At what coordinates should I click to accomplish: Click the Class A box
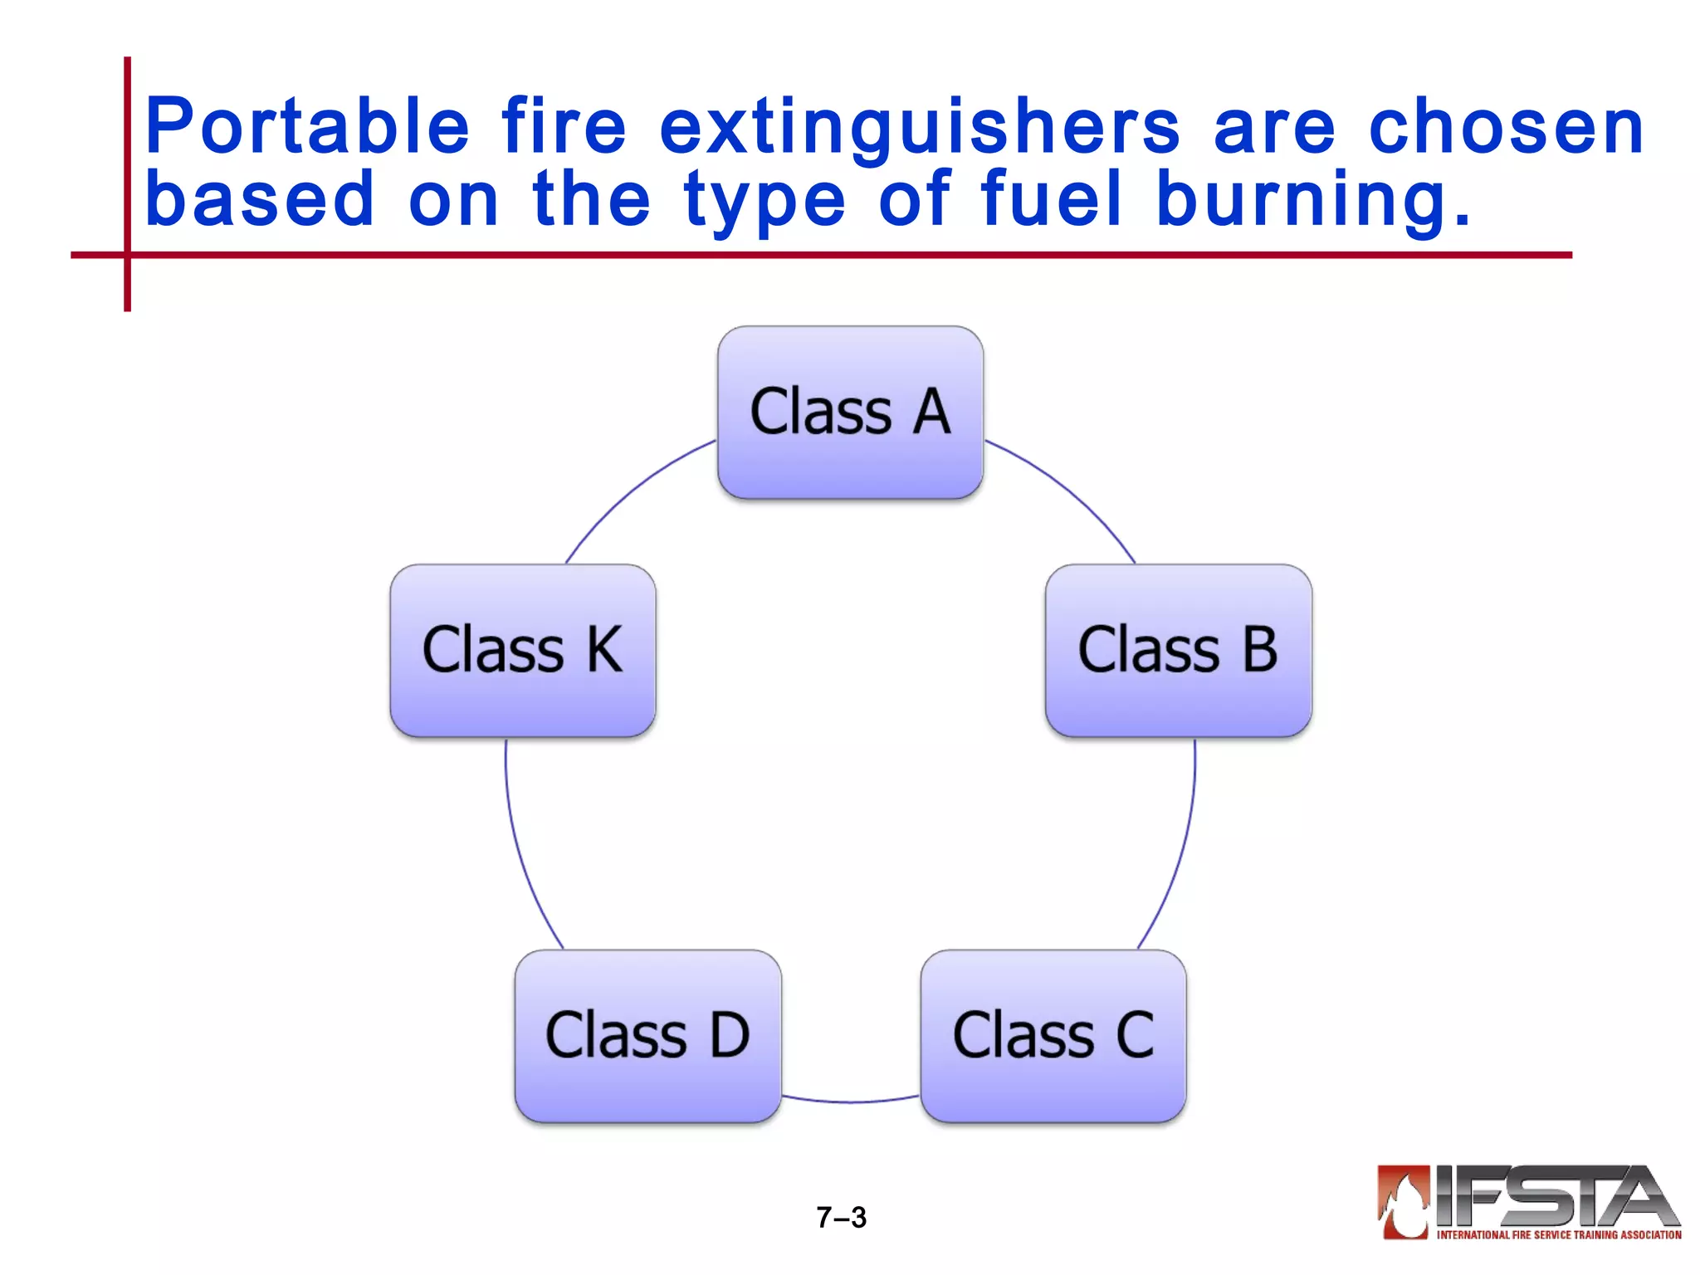point(850,413)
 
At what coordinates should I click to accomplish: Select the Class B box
point(1178,650)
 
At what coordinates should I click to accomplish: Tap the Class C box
point(1053,1036)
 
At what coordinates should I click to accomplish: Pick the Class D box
point(647,1036)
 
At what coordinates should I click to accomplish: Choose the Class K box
point(523,650)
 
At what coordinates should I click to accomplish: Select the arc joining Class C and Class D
point(850,1102)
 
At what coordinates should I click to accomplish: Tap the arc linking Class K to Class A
point(631,490)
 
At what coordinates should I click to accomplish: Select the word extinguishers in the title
point(919,129)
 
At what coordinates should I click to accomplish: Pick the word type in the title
point(764,201)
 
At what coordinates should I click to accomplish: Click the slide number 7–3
point(841,1218)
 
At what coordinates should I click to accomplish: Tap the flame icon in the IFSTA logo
point(1404,1201)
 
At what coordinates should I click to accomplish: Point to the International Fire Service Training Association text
point(1558,1235)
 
